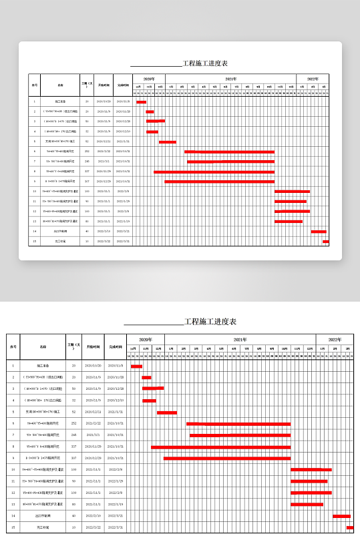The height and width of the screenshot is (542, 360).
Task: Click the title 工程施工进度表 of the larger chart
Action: click(x=210, y=322)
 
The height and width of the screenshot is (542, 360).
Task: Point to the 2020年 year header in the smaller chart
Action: click(x=148, y=79)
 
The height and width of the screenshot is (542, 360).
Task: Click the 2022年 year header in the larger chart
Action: click(x=334, y=340)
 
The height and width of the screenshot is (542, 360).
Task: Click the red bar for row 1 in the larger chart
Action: click(x=136, y=366)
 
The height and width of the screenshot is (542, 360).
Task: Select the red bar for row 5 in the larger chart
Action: click(x=166, y=413)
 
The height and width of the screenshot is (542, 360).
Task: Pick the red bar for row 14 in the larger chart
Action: click(x=341, y=516)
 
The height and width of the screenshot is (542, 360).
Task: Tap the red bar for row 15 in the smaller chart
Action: click(x=326, y=242)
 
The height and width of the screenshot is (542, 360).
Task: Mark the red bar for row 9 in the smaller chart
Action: click(x=219, y=182)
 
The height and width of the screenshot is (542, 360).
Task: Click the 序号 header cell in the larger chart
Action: click(x=13, y=346)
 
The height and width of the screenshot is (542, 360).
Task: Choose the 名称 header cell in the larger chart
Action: click(x=43, y=346)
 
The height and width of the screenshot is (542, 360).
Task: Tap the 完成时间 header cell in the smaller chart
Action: click(x=123, y=85)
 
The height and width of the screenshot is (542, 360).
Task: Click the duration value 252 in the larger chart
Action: click(x=73, y=423)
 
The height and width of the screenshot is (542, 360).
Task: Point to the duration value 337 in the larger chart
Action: click(x=73, y=447)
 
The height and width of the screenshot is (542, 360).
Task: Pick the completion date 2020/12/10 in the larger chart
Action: click(x=116, y=400)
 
